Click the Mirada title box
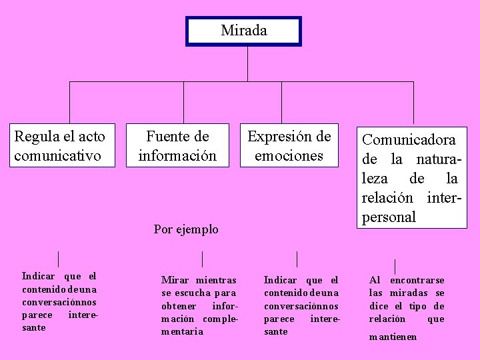(x=243, y=31)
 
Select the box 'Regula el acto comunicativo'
(x=60, y=146)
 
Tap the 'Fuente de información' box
(x=177, y=146)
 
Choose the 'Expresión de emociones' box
(x=289, y=146)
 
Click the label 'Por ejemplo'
(x=186, y=229)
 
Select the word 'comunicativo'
(x=57, y=156)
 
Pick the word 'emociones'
(x=289, y=156)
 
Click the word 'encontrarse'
(x=417, y=281)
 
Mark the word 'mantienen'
(x=393, y=337)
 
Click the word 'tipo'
(x=419, y=306)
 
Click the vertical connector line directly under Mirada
(x=247, y=63)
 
